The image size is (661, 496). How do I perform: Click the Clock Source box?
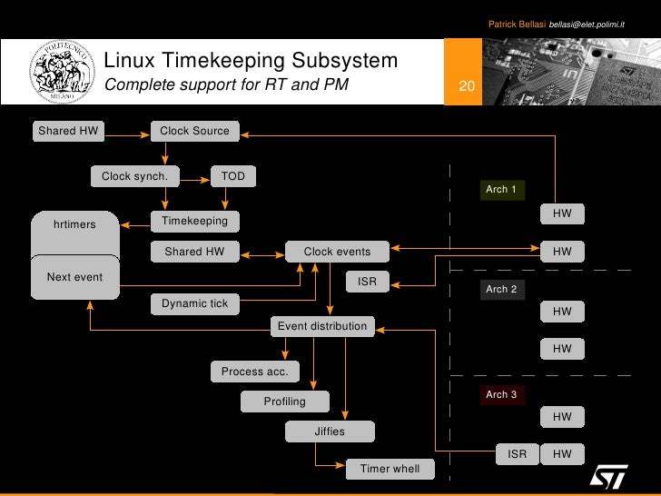click(194, 132)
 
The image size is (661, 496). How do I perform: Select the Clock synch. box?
click(134, 176)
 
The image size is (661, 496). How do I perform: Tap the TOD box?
click(233, 176)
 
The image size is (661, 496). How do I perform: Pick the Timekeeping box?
click(194, 221)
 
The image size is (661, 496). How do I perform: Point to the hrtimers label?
click(74, 224)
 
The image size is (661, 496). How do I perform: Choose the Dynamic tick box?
click(194, 303)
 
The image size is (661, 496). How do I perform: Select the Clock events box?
click(337, 252)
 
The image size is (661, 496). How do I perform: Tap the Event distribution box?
click(322, 326)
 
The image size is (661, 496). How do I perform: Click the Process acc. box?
click(254, 372)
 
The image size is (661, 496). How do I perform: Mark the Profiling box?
click(284, 402)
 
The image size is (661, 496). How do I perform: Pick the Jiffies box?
click(330, 432)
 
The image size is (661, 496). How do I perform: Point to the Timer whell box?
click(390, 469)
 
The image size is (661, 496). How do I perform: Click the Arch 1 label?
click(501, 190)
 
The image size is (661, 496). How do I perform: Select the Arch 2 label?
click(501, 290)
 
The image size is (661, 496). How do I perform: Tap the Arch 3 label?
click(501, 395)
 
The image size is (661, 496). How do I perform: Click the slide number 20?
click(468, 87)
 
